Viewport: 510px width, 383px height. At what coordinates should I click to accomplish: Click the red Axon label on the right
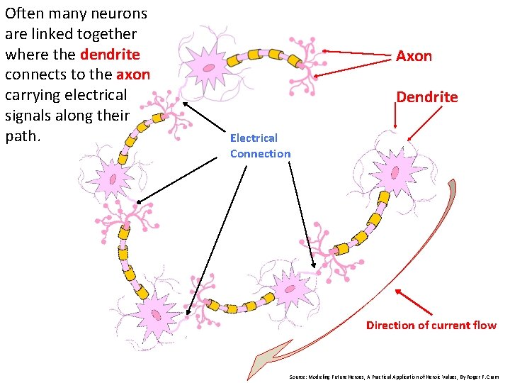[x=414, y=56]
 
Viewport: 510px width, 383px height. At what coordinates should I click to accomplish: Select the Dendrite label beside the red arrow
[x=426, y=97]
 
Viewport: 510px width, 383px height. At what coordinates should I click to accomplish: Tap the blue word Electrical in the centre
[x=254, y=138]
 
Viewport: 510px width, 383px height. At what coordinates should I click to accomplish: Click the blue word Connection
[x=260, y=154]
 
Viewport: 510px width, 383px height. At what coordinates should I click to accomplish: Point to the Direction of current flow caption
[x=431, y=326]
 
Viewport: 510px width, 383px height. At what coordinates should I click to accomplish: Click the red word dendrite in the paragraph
[x=110, y=55]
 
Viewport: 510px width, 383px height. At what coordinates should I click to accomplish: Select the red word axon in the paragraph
[x=133, y=74]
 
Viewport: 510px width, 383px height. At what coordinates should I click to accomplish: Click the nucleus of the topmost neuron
[x=210, y=67]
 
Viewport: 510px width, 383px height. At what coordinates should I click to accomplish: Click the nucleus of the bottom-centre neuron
[x=288, y=288]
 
